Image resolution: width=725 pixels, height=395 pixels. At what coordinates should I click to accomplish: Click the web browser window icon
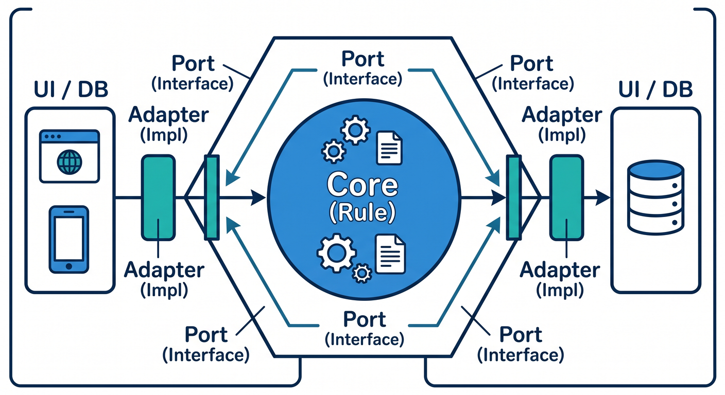[x=70, y=156]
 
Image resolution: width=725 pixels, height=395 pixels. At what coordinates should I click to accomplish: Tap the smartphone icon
[x=69, y=240]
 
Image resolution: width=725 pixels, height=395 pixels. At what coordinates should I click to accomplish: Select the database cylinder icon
[x=655, y=197]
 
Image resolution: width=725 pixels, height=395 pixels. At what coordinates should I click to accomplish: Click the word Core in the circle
[x=362, y=185]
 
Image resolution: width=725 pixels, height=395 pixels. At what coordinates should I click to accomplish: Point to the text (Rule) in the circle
[x=362, y=212]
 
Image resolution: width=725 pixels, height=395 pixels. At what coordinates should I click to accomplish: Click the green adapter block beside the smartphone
[x=158, y=197]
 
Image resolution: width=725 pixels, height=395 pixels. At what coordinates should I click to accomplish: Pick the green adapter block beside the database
[x=567, y=197]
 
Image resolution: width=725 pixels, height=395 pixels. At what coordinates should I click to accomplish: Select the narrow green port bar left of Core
[x=212, y=197]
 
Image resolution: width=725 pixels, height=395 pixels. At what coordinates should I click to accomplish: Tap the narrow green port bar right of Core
[x=514, y=197]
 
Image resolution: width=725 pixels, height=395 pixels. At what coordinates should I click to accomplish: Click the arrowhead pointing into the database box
[x=603, y=197]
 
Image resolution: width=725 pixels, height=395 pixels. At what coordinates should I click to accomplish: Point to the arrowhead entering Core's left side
[x=258, y=197]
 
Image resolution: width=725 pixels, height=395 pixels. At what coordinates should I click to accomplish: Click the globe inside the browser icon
[x=70, y=162]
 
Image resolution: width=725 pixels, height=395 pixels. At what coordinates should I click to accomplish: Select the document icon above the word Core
[x=390, y=148]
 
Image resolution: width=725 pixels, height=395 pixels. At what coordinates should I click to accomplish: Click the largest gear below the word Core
[x=337, y=252]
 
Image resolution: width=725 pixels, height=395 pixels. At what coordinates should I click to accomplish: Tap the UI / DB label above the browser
[x=71, y=89]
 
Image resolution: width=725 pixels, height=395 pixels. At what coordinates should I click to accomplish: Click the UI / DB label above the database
[x=655, y=89]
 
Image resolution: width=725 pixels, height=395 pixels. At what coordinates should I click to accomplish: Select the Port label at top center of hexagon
[x=363, y=59]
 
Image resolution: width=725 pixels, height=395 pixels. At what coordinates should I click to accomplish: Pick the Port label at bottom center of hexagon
[x=365, y=319]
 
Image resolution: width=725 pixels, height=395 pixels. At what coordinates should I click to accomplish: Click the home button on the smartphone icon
[x=69, y=266]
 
